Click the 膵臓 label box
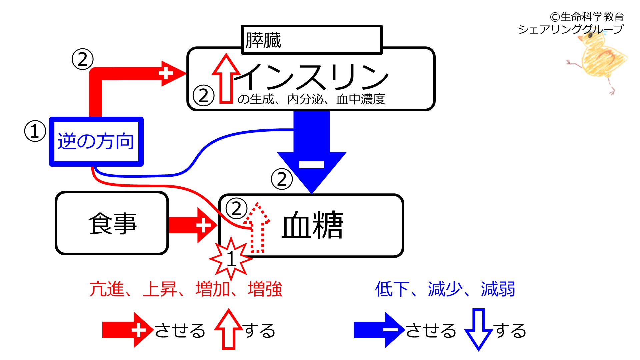[311, 40]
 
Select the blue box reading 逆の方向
[96, 141]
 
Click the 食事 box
[112, 223]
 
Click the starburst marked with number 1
[231, 258]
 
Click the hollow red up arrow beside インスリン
[226, 79]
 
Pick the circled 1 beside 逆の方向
[35, 131]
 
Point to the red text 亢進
[107, 289]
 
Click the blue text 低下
[392, 289]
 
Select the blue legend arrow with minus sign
[378, 330]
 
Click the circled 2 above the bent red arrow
[82, 59]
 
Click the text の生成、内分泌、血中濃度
[311, 99]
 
